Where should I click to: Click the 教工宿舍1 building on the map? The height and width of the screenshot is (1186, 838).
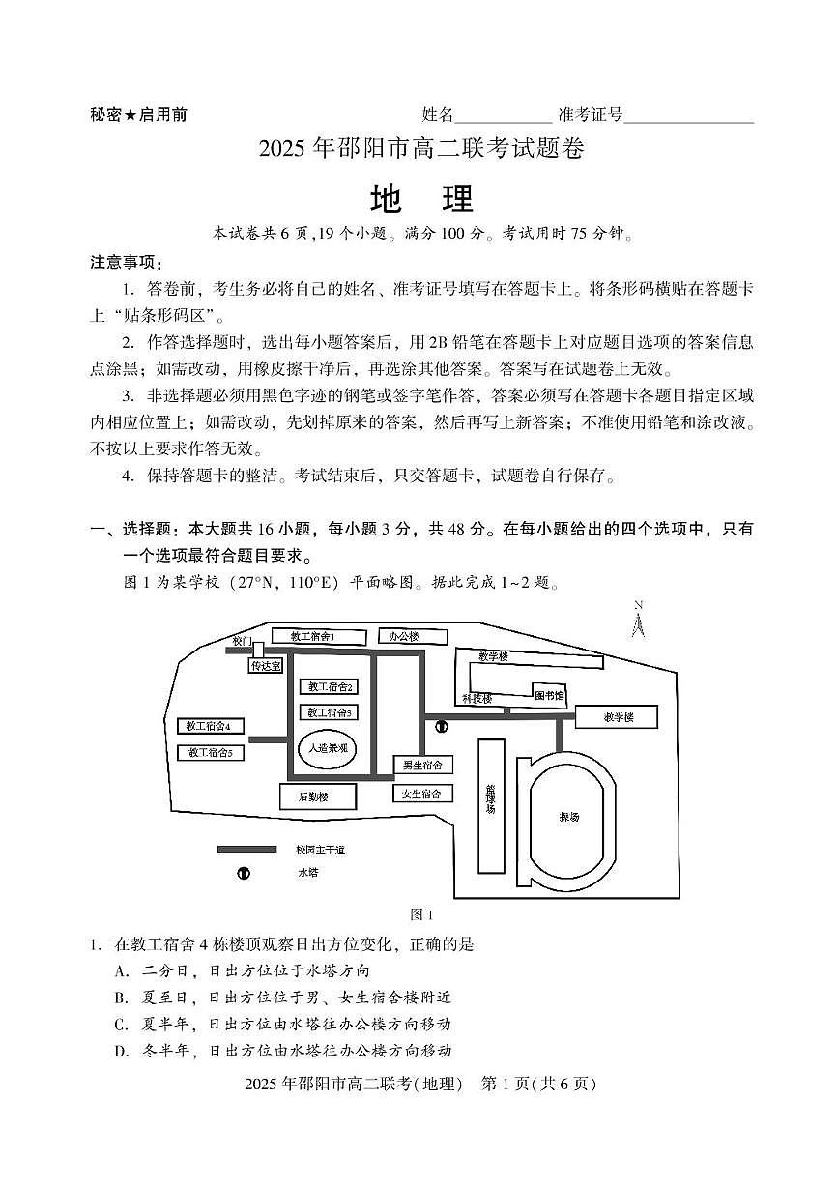point(318,636)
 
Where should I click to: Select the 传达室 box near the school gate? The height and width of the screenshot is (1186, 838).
point(266,665)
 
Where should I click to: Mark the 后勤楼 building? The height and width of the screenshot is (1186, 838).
point(318,795)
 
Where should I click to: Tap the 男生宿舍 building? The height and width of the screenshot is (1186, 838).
point(422,765)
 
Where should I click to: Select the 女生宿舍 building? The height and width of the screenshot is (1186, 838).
point(422,794)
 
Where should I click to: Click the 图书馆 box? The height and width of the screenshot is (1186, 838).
point(549,694)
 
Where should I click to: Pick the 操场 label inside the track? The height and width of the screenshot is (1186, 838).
point(570,818)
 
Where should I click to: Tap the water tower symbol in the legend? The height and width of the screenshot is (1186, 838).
point(244,873)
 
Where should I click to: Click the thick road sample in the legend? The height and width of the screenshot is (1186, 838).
point(247,849)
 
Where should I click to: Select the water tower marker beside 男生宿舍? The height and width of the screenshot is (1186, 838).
point(442,726)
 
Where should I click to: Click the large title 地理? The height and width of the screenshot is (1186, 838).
point(421,198)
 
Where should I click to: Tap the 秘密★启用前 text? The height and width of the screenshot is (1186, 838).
point(139,115)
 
